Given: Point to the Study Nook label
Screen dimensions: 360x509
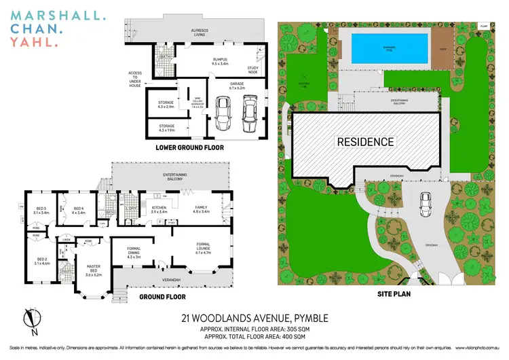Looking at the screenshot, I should [254, 68].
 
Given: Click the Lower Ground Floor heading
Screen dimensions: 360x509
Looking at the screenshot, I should [189, 147].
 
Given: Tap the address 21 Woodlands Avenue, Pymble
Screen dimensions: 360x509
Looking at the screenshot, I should [255, 317].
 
